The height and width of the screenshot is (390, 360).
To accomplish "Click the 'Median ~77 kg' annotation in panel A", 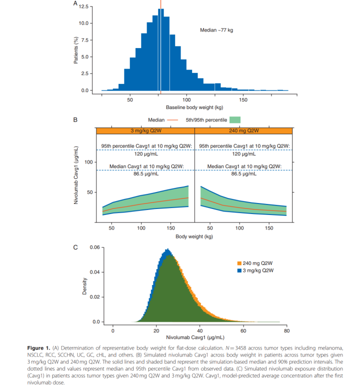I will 216,31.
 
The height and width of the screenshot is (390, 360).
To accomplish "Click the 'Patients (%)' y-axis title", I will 70,48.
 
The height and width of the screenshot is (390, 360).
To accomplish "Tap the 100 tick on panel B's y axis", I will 88,162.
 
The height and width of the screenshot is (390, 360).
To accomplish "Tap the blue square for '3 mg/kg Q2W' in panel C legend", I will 239,270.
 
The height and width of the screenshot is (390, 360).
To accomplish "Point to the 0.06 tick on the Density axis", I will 94,247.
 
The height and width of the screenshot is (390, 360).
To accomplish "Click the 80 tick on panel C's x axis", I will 286,330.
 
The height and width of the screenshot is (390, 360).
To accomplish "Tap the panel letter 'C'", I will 75,246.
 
